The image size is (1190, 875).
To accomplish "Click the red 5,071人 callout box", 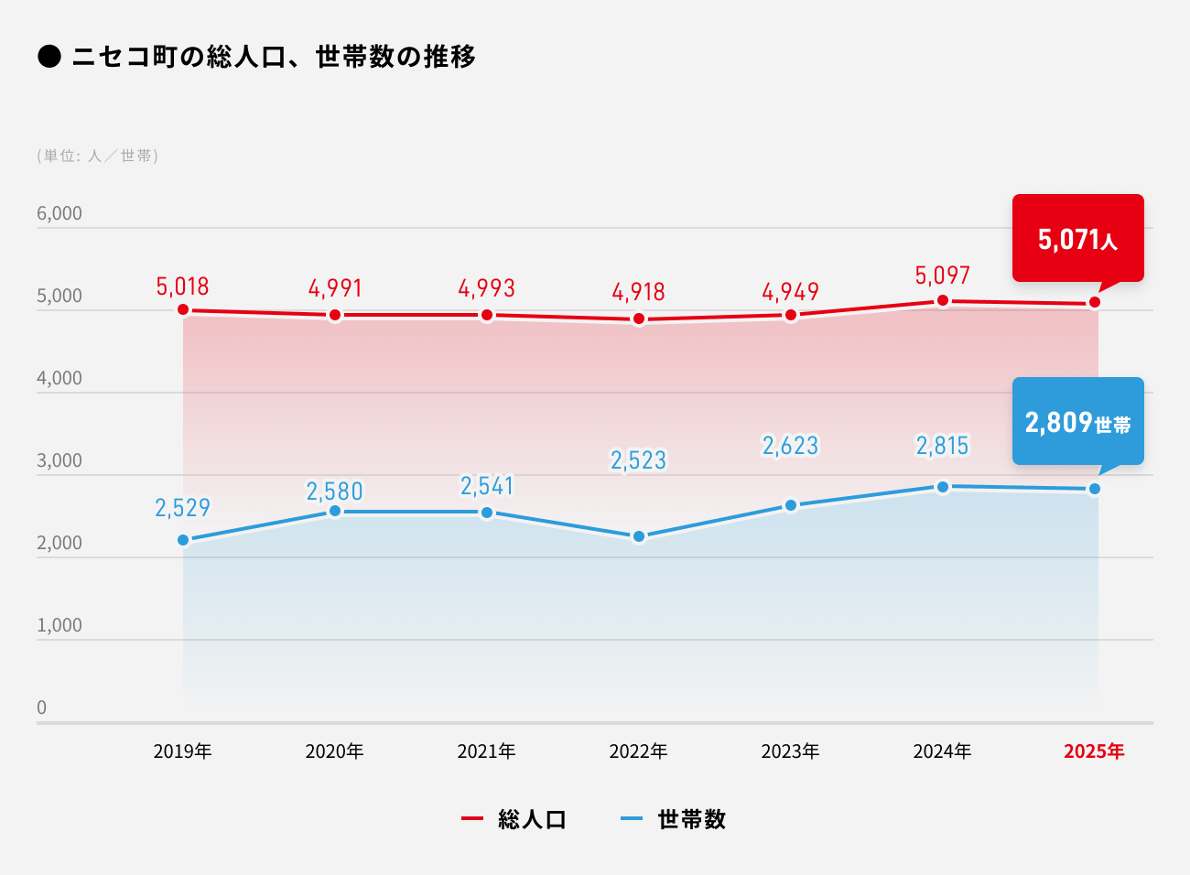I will [x=1077, y=238].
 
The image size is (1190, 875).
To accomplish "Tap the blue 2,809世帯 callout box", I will [x=1077, y=421].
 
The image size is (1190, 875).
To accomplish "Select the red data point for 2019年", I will [x=183, y=310].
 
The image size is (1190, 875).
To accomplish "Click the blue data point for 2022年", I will [x=639, y=536].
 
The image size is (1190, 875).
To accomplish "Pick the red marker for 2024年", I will [x=943, y=300].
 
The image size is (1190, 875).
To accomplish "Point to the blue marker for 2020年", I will [x=335, y=511].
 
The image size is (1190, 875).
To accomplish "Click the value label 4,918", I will [x=639, y=292].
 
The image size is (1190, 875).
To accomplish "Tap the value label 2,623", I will [x=791, y=446].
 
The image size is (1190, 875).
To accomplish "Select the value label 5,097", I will [x=943, y=275].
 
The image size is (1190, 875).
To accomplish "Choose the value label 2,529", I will [x=183, y=508].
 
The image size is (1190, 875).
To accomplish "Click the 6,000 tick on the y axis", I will [x=59, y=213].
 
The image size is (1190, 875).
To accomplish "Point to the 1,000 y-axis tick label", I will [x=59, y=625].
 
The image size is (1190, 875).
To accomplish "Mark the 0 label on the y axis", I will [x=41, y=708].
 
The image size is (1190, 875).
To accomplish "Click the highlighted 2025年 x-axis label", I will [x=1094, y=751].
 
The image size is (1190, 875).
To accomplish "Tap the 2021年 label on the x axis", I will [x=487, y=751].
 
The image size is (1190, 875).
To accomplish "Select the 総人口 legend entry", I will [x=515, y=819].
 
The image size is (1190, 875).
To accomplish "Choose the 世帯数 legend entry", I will [x=674, y=819].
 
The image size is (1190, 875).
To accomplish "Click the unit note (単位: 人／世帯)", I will [x=98, y=156].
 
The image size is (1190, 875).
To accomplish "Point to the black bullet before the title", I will [x=49, y=57].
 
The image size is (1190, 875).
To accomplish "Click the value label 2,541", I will [x=487, y=486].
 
